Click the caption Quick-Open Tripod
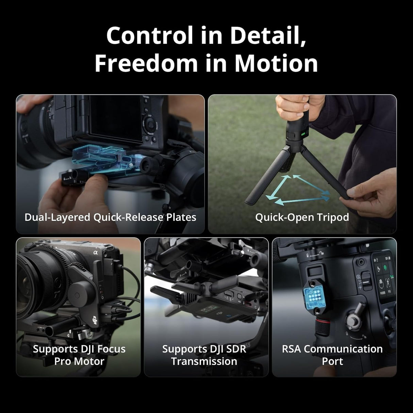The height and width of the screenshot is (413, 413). [x=302, y=217]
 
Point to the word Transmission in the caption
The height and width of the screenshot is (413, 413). [x=204, y=361]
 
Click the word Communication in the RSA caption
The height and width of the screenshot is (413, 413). [x=343, y=349]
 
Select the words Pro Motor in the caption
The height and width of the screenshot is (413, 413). [x=79, y=361]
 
